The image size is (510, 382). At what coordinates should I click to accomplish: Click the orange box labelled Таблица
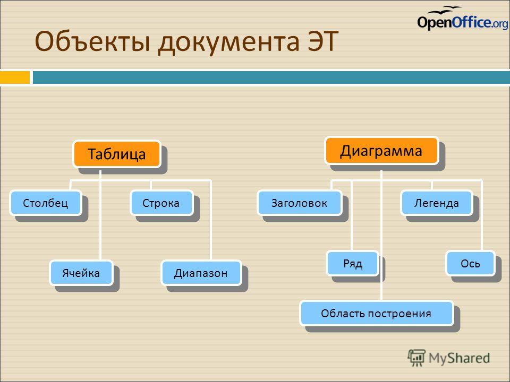point(117,154)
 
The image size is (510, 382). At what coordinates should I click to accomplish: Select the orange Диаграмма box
point(382,151)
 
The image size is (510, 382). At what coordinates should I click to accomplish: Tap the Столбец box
point(46,203)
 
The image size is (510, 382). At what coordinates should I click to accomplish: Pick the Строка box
point(162,203)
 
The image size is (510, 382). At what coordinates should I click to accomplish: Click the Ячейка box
point(81,273)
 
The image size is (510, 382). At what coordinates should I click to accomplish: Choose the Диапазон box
point(201,273)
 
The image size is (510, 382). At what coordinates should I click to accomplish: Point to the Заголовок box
point(300,203)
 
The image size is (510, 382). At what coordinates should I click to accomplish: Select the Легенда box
point(437,203)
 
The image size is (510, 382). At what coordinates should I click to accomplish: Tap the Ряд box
point(353,263)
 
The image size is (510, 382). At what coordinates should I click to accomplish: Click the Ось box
point(471,263)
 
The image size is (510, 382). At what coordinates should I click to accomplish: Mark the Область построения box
point(377,314)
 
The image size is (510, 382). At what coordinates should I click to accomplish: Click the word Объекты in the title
point(92,41)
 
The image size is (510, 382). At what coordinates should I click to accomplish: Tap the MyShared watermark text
point(459,358)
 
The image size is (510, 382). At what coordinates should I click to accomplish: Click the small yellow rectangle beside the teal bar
point(15,77)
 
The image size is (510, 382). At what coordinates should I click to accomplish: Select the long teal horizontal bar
point(271,77)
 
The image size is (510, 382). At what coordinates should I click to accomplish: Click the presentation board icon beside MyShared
point(416,358)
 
